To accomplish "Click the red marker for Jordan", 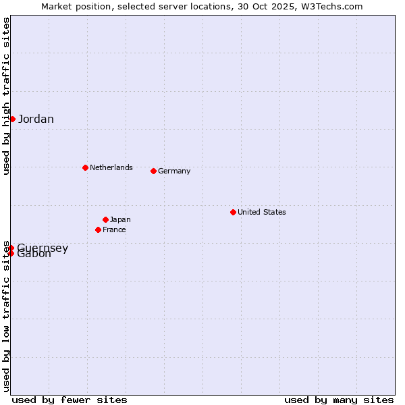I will click(x=12, y=119).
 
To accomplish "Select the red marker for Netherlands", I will click(x=85, y=167).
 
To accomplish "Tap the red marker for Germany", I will click(x=153, y=171).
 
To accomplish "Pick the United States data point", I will click(x=233, y=212).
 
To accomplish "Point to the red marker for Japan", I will click(x=105, y=219).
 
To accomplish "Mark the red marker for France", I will click(x=98, y=230).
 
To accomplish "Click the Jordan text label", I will click(x=36, y=119).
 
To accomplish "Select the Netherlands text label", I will click(x=111, y=167).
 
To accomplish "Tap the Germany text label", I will click(x=174, y=171).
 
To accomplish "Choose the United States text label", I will click(x=262, y=212).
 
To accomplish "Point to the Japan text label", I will click(x=120, y=219).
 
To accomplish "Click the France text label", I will click(x=114, y=230).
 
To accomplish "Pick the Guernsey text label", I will click(x=43, y=248).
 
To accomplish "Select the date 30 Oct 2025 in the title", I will click(x=267, y=6).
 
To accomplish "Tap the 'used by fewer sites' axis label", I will click(x=70, y=400).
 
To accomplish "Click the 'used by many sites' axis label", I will click(x=339, y=400).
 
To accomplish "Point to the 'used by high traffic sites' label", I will click(x=6, y=96).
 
